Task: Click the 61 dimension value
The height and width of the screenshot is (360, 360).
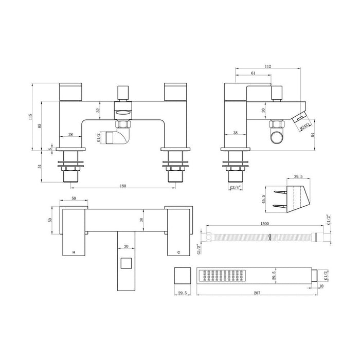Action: (253, 74)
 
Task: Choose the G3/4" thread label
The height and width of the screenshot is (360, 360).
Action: (236, 189)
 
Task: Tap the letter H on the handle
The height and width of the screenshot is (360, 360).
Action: (74, 252)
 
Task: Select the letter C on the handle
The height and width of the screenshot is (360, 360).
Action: (178, 252)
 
